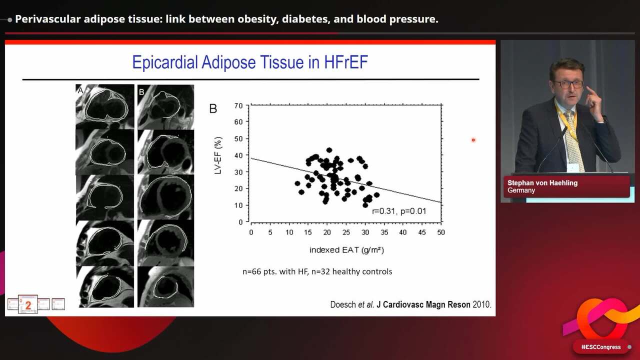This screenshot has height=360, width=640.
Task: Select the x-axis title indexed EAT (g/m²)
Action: [x=346, y=249]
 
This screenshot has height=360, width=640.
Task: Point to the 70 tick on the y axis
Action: [x=238, y=105]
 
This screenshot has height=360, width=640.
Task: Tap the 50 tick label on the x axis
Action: [x=440, y=232]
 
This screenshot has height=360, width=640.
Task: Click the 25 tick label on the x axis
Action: [x=346, y=232]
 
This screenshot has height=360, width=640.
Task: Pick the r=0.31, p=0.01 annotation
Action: [x=399, y=211]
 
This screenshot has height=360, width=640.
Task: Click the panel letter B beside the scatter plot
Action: [x=213, y=109]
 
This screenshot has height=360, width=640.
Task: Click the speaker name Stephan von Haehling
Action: [x=542, y=183]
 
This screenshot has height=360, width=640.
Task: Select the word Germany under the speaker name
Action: [x=521, y=190]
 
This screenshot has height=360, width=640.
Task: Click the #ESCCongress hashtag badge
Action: [x=601, y=347]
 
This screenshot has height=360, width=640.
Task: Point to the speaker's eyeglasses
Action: [x=568, y=84]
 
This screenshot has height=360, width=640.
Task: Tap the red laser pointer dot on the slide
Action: [x=473, y=140]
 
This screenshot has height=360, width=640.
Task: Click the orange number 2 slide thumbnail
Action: [x=28, y=304]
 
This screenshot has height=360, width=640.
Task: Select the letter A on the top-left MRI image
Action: [x=80, y=90]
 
